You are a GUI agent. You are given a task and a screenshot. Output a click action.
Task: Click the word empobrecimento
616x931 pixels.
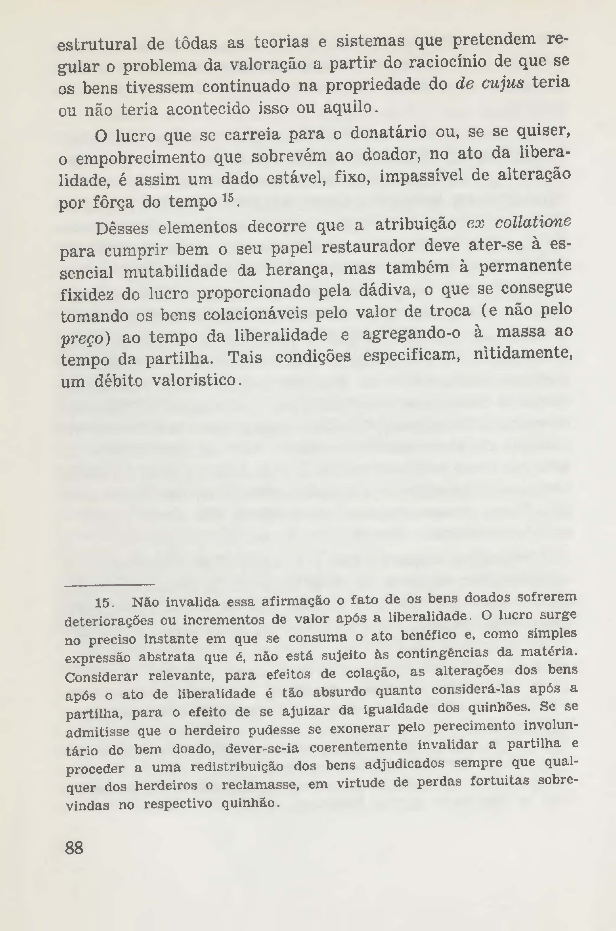pos(141,158)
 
